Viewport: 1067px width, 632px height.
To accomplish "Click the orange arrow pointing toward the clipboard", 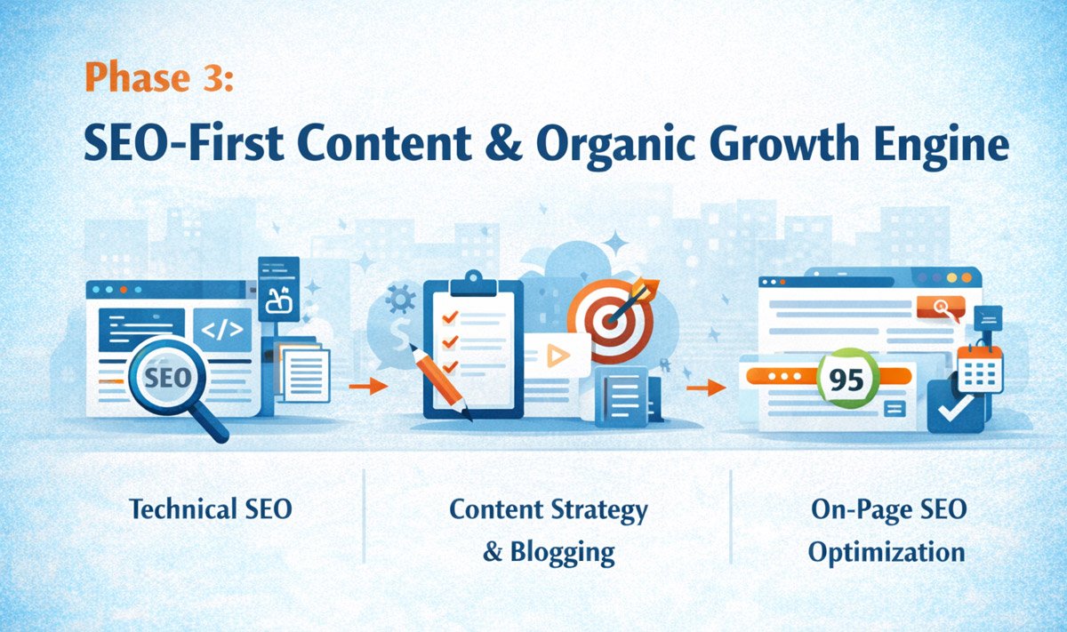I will point(367,387).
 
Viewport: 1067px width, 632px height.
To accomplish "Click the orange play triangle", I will point(558,356).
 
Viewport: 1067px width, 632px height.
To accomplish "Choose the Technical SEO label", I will point(210,510).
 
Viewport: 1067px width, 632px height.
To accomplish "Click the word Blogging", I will point(562,552).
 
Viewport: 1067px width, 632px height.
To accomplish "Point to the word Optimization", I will point(886,552).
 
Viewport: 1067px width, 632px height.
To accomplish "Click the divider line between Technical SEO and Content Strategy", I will point(364,516).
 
